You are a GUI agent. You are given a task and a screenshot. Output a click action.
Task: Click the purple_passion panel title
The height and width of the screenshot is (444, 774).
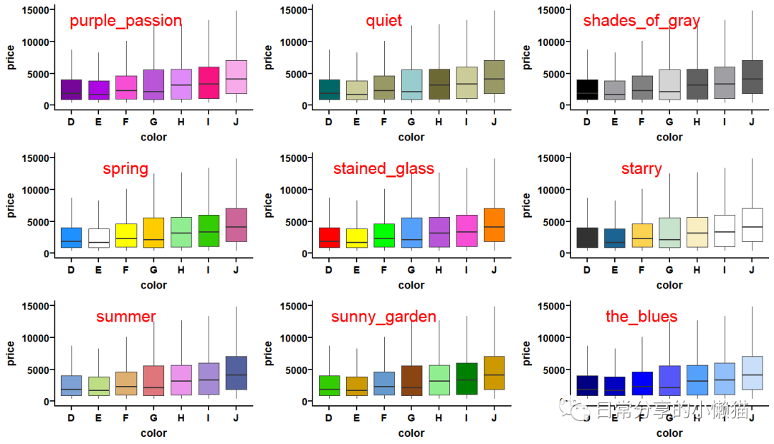tap(125, 21)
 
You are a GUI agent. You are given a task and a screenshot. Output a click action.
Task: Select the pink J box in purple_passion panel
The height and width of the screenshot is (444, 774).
tap(236, 77)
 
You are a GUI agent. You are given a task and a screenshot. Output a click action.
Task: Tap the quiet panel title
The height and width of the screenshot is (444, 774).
tap(384, 21)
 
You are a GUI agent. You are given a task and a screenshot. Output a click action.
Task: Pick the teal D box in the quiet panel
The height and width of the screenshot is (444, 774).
tap(329, 90)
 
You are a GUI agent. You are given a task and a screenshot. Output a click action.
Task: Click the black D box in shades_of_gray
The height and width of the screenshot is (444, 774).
tap(587, 90)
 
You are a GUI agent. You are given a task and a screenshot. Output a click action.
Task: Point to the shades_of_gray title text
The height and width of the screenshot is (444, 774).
tap(641, 21)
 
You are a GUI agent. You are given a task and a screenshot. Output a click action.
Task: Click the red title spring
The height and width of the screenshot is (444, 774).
tap(125, 169)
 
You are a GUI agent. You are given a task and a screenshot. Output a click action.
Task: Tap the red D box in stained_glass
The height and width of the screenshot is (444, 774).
tap(329, 238)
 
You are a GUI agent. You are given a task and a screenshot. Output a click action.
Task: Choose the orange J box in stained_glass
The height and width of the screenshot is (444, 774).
tap(494, 225)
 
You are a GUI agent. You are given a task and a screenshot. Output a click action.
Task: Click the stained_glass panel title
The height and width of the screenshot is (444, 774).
tap(383, 169)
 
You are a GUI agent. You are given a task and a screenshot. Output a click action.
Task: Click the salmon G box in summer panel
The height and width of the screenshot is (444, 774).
tap(153, 381)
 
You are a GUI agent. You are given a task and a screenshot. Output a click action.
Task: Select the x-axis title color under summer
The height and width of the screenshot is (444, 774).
tap(153, 433)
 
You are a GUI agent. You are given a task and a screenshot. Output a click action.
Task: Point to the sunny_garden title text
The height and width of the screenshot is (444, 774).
tap(383, 317)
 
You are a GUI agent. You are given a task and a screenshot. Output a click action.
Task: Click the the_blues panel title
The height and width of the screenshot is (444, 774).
tap(641, 317)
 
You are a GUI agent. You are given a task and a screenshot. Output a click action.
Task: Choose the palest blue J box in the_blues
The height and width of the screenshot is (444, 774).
tap(752, 373)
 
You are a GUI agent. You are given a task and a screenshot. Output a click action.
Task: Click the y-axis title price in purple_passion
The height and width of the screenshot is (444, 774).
tap(11, 58)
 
